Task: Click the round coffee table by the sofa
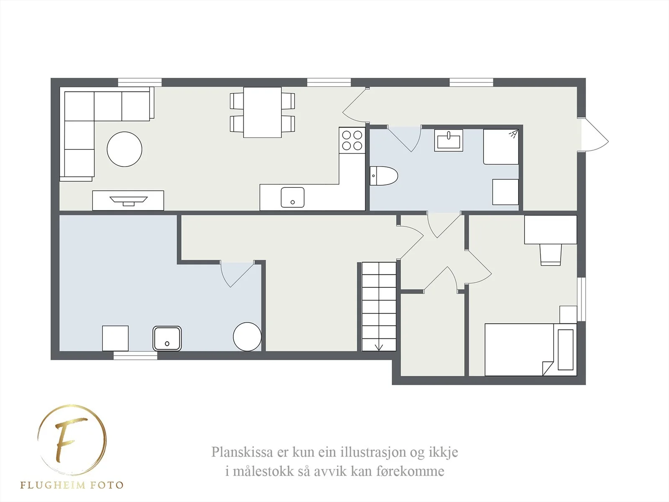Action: (x=124, y=149)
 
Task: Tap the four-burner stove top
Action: (x=352, y=140)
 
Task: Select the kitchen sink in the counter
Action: (x=293, y=197)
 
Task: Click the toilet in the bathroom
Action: (x=384, y=176)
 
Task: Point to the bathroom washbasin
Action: (x=449, y=141)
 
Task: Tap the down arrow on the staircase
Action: (x=378, y=347)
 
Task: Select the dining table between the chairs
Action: (x=263, y=113)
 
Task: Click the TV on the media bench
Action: (x=129, y=201)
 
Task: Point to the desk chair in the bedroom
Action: (x=550, y=255)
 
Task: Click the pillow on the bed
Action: (x=566, y=350)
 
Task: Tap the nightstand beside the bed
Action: (x=568, y=315)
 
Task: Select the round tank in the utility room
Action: (x=247, y=337)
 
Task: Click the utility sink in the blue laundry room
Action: (x=167, y=338)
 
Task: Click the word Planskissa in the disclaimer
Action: (x=242, y=452)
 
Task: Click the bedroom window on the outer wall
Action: (x=581, y=299)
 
